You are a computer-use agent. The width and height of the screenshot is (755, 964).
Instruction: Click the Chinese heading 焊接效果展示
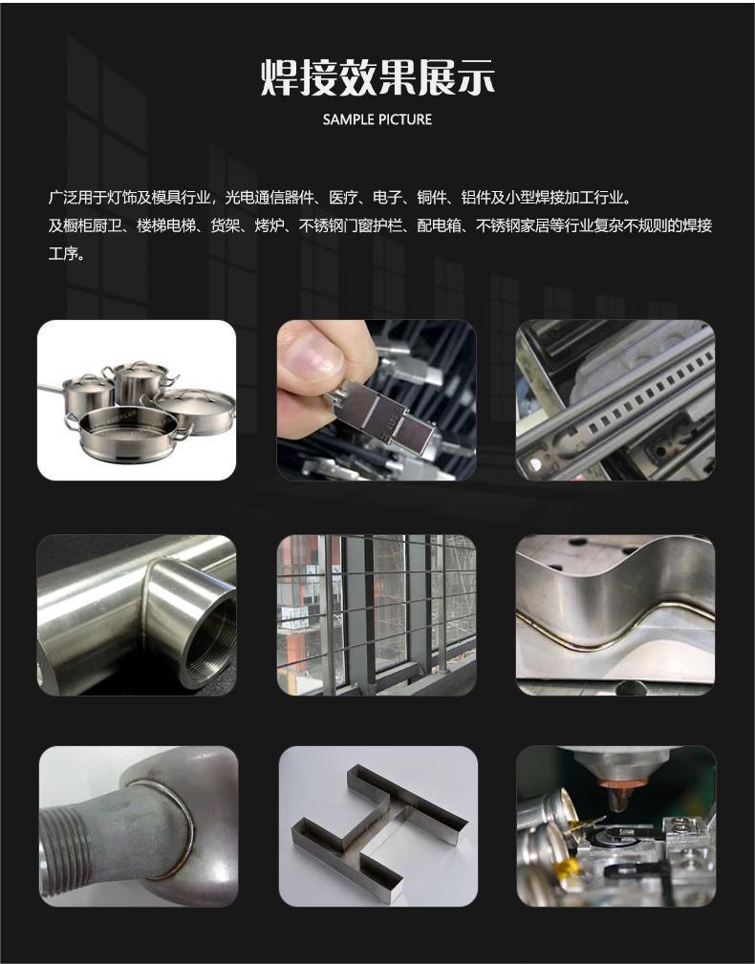[377, 77]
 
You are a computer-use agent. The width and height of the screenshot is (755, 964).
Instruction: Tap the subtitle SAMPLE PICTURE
[377, 119]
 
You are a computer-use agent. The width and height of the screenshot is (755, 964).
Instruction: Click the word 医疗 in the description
[343, 198]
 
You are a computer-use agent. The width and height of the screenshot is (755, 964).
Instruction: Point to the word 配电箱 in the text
[439, 225]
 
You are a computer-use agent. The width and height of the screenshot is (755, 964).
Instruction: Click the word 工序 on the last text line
[63, 253]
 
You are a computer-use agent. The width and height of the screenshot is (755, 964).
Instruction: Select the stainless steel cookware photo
[137, 400]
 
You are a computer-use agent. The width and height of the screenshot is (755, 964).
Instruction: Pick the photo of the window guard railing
[377, 615]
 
